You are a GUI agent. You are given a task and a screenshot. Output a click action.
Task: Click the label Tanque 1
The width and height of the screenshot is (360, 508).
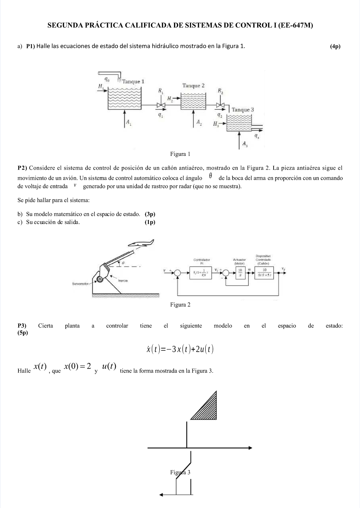coord(133,82)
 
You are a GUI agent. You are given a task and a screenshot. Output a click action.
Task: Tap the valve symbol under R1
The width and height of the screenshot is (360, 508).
coord(161,105)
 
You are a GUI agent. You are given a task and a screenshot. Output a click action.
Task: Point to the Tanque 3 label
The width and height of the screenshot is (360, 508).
coord(243,110)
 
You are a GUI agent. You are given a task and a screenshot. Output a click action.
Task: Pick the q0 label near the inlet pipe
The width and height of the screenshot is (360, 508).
coord(106,79)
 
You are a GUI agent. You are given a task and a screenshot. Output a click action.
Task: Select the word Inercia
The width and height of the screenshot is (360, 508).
coord(123,281)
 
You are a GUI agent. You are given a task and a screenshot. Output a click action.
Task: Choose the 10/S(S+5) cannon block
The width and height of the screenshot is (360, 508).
coord(264,272)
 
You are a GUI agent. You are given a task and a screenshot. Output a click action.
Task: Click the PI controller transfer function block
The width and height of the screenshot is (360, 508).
coord(200,272)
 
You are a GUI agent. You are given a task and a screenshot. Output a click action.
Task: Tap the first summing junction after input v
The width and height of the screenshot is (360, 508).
coord(177,272)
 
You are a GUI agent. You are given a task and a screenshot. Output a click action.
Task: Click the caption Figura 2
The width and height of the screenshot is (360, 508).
coord(180,305)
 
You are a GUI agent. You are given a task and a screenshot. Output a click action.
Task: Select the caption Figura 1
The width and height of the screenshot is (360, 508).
coord(180,154)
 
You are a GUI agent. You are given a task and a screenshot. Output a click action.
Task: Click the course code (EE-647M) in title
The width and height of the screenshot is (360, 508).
coord(295,26)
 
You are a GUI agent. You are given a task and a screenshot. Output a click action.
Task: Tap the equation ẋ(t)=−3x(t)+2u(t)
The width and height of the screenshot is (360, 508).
coord(180,349)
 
